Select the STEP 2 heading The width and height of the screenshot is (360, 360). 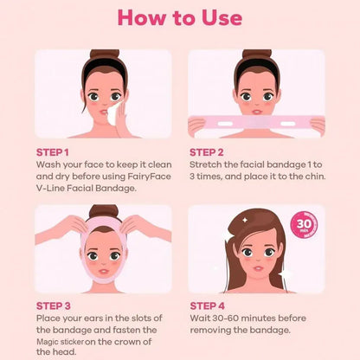211,151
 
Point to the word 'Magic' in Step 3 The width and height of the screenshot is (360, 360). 52,343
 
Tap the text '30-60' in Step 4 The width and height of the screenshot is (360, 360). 229,318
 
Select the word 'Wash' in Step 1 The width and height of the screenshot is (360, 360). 51,163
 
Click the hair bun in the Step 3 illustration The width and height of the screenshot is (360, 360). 103,211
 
